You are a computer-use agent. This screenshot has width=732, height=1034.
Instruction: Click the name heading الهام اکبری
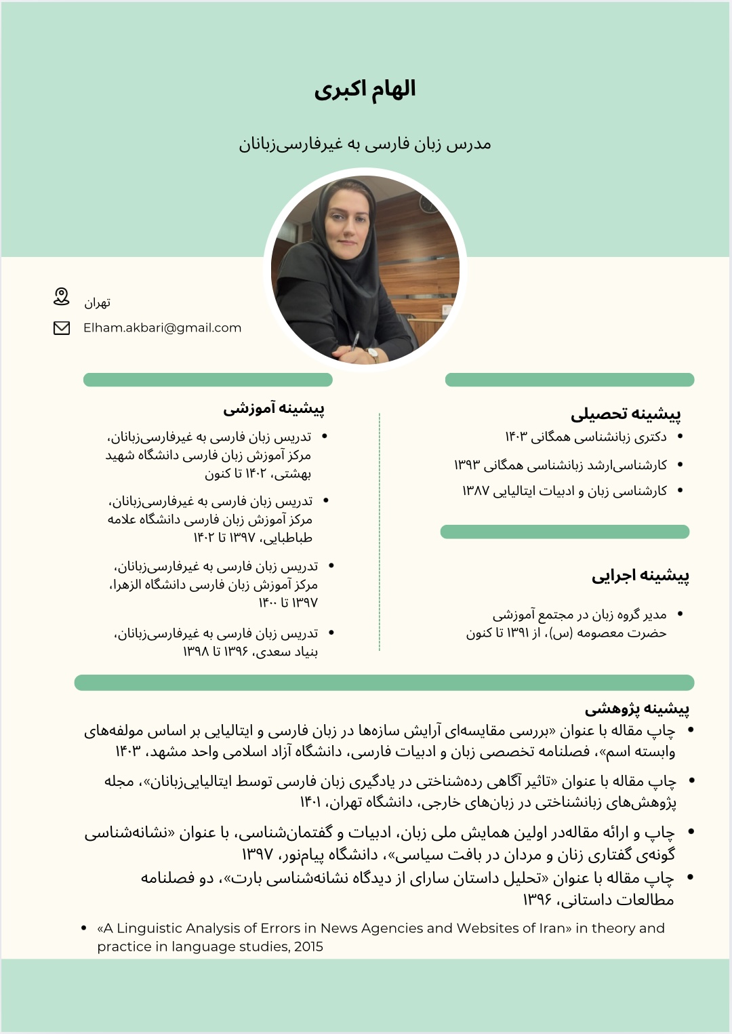click(x=365, y=90)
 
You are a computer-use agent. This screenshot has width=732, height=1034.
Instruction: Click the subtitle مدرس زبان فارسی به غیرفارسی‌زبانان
click(x=365, y=144)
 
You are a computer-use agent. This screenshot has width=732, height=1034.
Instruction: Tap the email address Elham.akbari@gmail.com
click(x=162, y=327)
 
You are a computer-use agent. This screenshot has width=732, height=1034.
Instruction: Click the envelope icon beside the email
click(x=62, y=328)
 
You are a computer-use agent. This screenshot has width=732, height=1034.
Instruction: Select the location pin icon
click(x=62, y=296)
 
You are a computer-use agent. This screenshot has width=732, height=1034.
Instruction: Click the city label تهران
click(x=97, y=302)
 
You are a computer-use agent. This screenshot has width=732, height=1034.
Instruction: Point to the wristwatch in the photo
click(x=372, y=353)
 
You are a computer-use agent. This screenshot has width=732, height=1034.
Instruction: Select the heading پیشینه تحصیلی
click(x=626, y=414)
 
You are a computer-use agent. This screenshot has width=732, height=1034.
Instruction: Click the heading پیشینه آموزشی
click(x=274, y=408)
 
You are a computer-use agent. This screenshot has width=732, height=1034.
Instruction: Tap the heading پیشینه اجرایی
click(x=640, y=576)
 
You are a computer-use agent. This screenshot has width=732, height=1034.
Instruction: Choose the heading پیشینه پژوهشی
click(x=637, y=709)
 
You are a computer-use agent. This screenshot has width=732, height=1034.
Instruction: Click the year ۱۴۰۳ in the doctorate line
click(x=515, y=437)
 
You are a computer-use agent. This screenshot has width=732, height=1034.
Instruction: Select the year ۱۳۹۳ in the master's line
click(x=466, y=465)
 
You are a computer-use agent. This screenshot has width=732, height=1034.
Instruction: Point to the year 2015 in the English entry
click(x=308, y=947)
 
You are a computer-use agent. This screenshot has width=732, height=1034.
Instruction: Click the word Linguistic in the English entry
click(x=148, y=928)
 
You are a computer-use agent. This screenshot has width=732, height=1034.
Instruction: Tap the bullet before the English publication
click(x=83, y=928)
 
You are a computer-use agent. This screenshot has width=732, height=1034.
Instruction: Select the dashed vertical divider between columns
click(x=380, y=532)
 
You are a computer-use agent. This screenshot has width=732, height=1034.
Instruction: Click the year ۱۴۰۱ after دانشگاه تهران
click(x=310, y=803)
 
